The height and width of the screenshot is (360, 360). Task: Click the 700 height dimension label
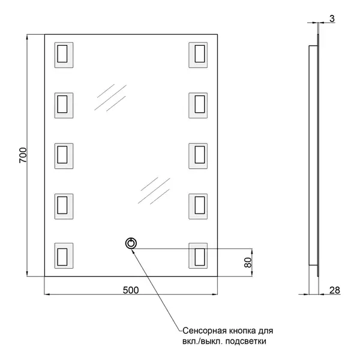23,155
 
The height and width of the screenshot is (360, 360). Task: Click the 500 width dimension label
131,290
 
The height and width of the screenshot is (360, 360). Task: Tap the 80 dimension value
248,262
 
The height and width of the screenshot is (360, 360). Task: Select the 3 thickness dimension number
332,19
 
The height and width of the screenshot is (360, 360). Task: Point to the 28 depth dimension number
335,290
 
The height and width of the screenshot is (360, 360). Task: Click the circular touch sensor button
131,244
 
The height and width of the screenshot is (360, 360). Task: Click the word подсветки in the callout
245,341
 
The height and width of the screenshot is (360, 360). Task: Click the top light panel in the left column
64,55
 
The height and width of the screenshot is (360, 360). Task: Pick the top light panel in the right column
198,55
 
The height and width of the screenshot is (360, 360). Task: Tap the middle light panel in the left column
64,156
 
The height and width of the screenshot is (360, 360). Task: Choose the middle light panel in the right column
198,156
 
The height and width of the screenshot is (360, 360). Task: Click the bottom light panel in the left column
64,256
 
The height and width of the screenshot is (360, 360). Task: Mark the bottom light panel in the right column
198,256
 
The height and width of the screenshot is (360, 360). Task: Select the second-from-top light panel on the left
64,106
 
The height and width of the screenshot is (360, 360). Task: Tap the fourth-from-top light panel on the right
198,206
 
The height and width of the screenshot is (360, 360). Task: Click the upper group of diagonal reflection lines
110,98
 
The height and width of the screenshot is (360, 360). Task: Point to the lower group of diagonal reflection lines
154,191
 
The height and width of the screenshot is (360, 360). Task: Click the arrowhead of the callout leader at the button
133,250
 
